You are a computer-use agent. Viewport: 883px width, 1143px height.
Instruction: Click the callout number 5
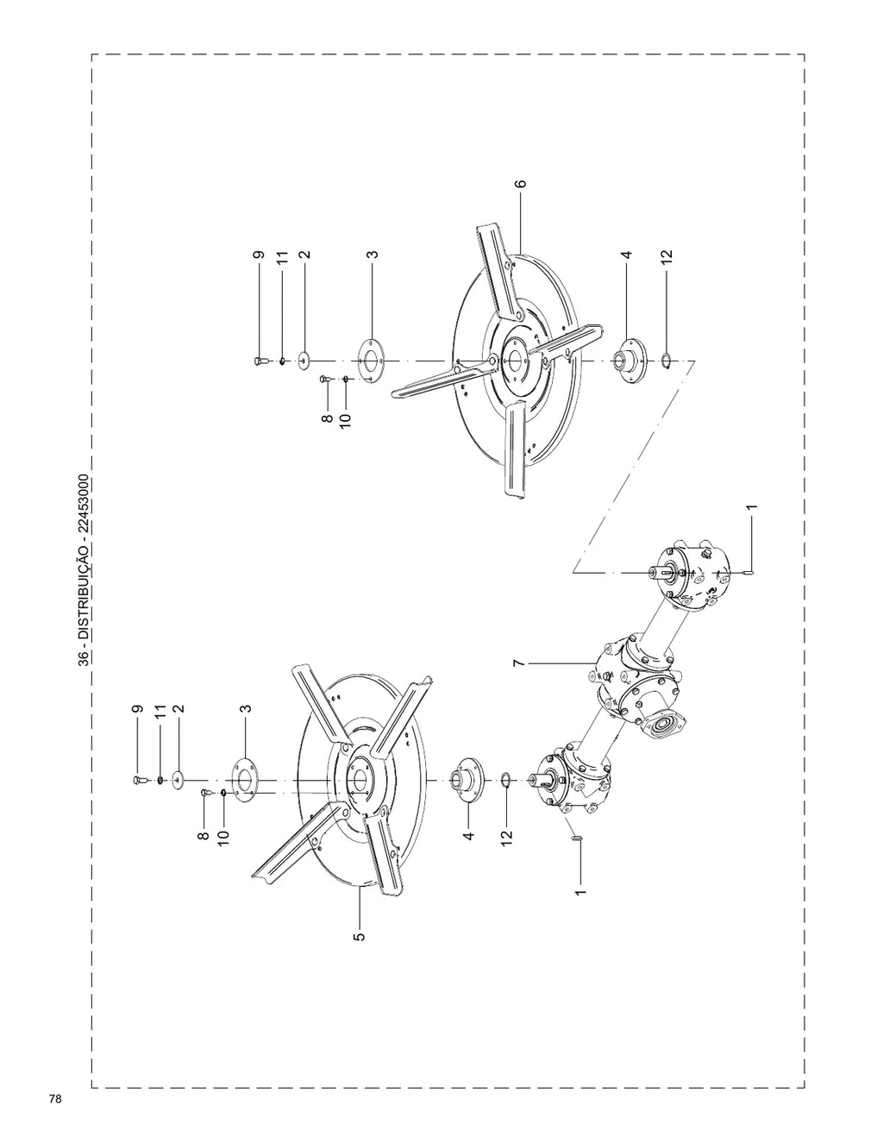(360, 937)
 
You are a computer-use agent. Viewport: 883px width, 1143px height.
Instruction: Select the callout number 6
(520, 184)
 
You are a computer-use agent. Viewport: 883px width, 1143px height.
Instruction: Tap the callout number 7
(519, 663)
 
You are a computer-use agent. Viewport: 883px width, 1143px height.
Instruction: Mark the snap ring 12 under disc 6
(665, 361)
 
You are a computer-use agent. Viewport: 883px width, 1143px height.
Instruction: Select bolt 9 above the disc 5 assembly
(138, 780)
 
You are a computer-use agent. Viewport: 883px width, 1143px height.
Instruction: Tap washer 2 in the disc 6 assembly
(304, 361)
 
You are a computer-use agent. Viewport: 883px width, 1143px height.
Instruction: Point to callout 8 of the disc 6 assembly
(327, 418)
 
